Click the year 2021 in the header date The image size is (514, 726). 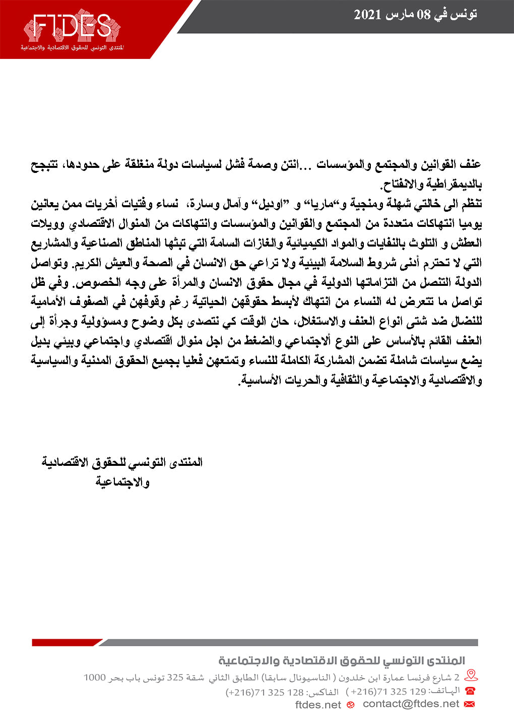(367, 15)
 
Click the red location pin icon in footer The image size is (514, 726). (471, 676)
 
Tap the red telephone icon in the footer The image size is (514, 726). (470, 691)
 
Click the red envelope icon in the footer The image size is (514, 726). (470, 704)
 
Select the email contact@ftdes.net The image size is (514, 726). (411, 704)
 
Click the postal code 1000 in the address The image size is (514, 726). (94, 678)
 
